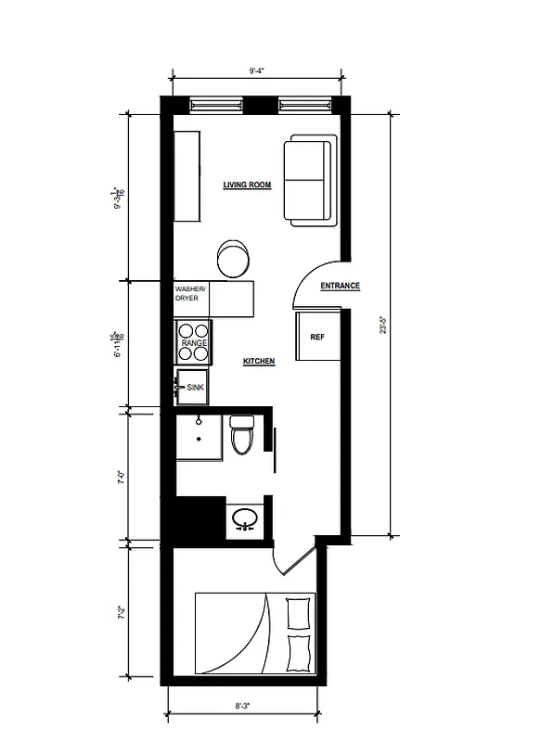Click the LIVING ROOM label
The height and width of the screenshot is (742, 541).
click(247, 185)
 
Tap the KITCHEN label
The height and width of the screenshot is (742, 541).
click(259, 361)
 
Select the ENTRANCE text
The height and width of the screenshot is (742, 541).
click(340, 287)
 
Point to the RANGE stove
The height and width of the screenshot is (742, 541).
click(194, 341)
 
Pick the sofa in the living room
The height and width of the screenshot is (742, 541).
click(310, 181)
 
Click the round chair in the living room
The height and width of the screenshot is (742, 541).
click(233, 258)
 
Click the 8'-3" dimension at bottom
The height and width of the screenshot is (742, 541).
click(243, 706)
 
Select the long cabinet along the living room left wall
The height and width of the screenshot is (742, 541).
click(187, 176)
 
